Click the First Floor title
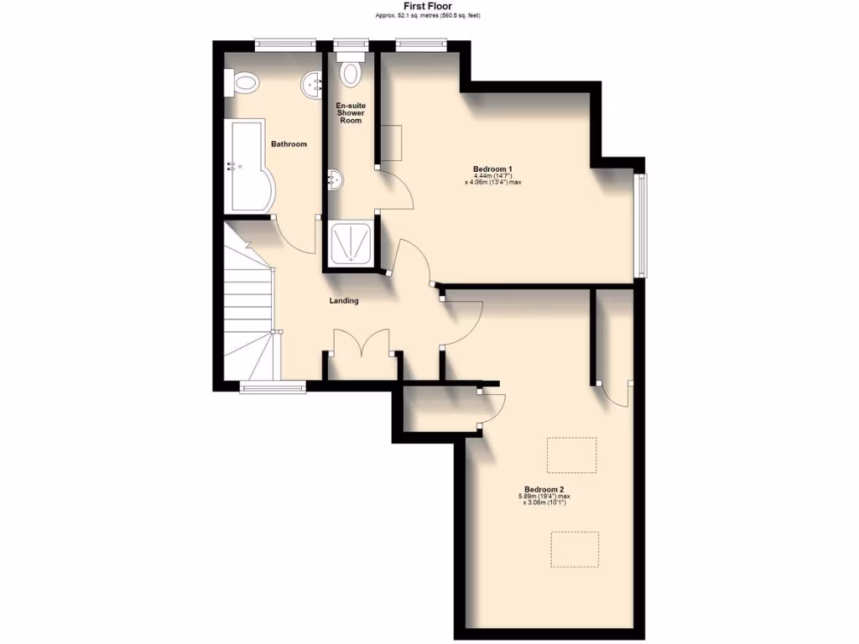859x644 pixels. [x=428, y=6]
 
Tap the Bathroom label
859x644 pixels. [x=289, y=144]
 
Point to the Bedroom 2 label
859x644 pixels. [x=544, y=489]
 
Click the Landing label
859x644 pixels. [x=344, y=300]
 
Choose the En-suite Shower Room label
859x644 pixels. [x=350, y=113]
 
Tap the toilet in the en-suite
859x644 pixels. [x=351, y=71]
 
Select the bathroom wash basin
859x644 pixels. [x=312, y=82]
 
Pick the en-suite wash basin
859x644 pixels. [x=334, y=179]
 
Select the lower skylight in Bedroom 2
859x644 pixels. [x=575, y=548]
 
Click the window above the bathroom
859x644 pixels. [x=285, y=45]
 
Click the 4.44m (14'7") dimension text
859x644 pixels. [x=493, y=175]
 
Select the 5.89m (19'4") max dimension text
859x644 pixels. [x=544, y=496]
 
